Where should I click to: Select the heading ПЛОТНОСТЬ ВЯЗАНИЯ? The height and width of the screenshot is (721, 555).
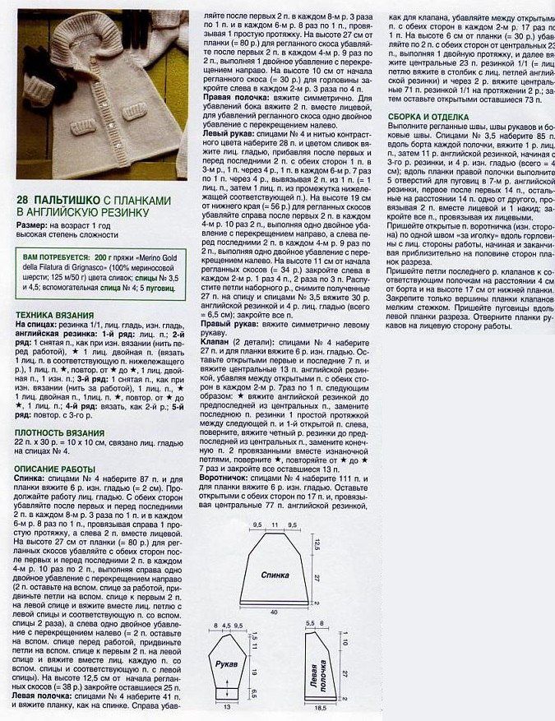click(x=62, y=431)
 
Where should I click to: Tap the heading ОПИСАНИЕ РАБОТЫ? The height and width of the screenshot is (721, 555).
click(x=58, y=469)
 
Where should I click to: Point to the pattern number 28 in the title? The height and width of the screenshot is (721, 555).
click(x=24, y=201)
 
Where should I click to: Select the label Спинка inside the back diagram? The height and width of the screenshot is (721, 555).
click(x=275, y=575)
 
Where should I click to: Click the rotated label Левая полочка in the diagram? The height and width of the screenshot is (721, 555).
click(x=318, y=674)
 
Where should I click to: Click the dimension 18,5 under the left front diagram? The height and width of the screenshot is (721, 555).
click(x=321, y=707)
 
